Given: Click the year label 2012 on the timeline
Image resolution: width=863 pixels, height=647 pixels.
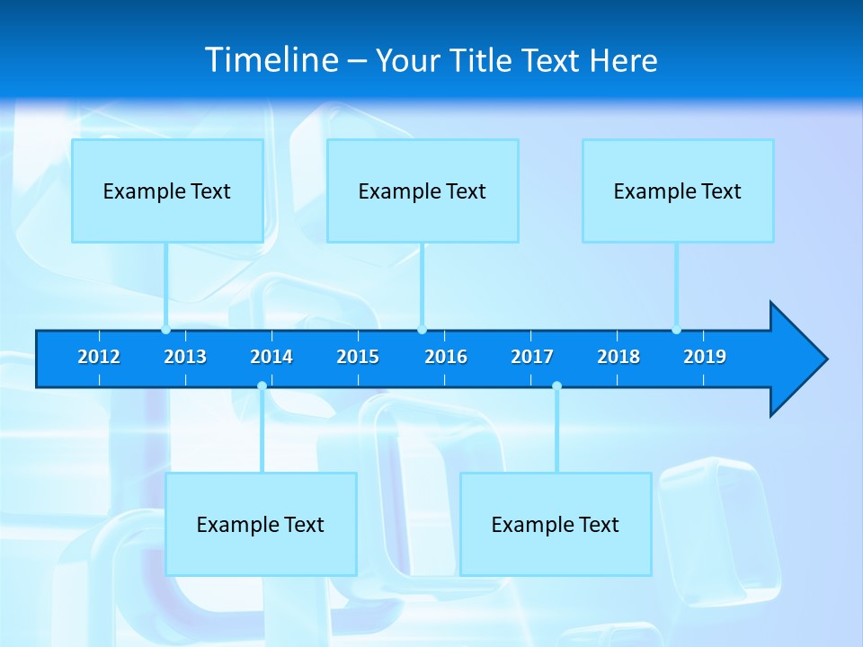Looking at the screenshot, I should click(99, 357).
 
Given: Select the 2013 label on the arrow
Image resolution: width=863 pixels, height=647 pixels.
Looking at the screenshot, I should click(185, 357).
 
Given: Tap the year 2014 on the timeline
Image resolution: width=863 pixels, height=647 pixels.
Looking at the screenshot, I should click(271, 357).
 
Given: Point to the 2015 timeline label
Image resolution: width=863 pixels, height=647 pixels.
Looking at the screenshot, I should click(358, 357).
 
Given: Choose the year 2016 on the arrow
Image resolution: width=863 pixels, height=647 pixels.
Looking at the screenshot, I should click(446, 357).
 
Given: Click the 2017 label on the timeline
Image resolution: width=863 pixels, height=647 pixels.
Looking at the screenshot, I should click(532, 357).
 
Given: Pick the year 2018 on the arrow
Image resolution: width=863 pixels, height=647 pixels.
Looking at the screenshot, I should click(618, 357).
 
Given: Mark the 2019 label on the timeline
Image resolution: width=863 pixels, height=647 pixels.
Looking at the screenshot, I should click(705, 357).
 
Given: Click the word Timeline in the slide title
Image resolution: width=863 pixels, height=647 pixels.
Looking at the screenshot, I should click(271, 60).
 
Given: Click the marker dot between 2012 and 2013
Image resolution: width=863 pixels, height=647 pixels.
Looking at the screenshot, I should click(166, 330).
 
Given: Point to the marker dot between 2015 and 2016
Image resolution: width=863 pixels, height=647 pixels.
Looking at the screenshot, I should click(423, 330).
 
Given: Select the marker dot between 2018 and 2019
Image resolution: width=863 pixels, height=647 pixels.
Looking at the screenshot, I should click(677, 330).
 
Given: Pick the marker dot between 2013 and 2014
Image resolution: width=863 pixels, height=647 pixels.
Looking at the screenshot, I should click(262, 386).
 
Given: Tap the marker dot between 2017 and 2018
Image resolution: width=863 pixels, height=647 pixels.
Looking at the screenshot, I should click(556, 386).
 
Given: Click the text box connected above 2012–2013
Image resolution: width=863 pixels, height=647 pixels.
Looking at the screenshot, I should click(167, 191).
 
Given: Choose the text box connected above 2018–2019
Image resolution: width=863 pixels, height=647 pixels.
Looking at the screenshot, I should click(678, 191).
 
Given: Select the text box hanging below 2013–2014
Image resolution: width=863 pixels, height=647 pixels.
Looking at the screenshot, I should click(261, 524).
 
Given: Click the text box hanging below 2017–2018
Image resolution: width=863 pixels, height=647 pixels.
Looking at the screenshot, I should click(556, 524).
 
